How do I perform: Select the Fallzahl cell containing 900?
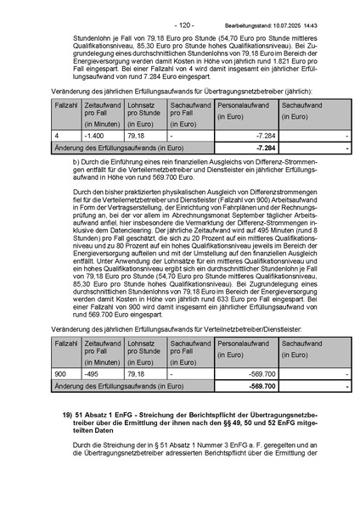[x=60, y=373]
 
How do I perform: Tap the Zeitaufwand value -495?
[x=92, y=373]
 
